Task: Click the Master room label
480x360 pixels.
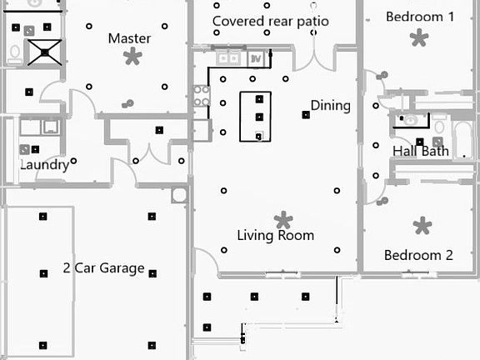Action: click(129, 38)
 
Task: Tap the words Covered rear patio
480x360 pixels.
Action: click(271, 22)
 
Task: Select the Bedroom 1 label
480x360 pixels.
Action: click(420, 17)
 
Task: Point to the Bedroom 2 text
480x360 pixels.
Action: click(418, 255)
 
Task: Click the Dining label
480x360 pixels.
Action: click(331, 106)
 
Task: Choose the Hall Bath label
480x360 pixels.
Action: click(421, 151)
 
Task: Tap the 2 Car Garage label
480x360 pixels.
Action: click(104, 268)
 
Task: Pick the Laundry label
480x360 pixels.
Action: click(45, 165)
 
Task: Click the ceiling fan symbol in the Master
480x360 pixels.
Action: click(132, 57)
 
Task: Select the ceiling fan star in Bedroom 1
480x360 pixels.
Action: click(419, 37)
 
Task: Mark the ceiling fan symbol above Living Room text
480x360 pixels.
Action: click(283, 220)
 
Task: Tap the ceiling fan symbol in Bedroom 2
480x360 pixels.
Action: click(422, 226)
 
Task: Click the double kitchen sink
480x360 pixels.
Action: click(228, 58)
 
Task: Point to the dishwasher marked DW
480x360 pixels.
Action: click(255, 59)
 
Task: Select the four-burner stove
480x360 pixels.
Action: click(202, 96)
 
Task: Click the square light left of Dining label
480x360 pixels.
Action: click(306, 115)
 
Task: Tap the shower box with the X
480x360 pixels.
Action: click(45, 52)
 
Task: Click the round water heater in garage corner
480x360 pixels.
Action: click(179, 195)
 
